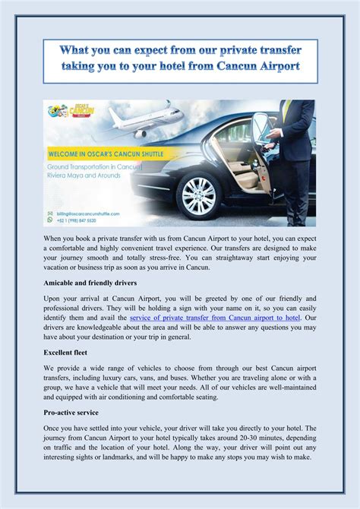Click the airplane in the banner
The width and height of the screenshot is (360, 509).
pos(148,119)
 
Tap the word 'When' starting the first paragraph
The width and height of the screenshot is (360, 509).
pos(54,239)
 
